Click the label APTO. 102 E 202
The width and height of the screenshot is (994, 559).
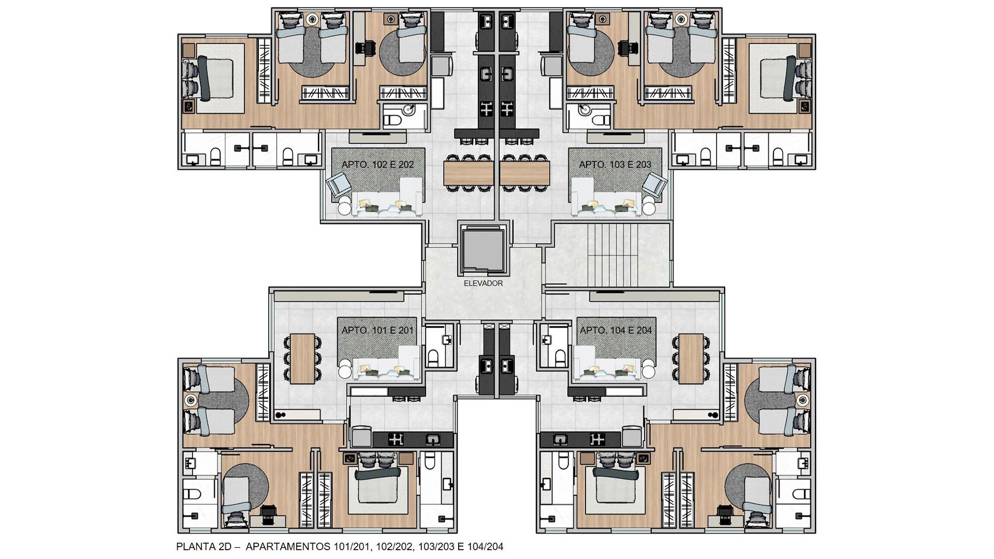(x=377, y=165)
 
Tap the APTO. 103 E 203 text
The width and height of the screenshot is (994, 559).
(x=615, y=165)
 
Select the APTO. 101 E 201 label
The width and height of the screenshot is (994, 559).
(x=377, y=330)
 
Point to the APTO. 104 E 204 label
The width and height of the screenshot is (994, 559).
(x=616, y=330)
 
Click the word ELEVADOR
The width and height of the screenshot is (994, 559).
(x=483, y=283)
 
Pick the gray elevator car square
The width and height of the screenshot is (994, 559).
(x=483, y=251)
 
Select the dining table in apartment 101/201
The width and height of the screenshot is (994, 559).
(x=302, y=359)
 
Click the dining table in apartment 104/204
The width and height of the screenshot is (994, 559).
(x=691, y=359)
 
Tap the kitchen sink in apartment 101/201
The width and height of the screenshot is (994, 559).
(x=432, y=439)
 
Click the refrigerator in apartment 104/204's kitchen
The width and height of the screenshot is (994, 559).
(x=633, y=437)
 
